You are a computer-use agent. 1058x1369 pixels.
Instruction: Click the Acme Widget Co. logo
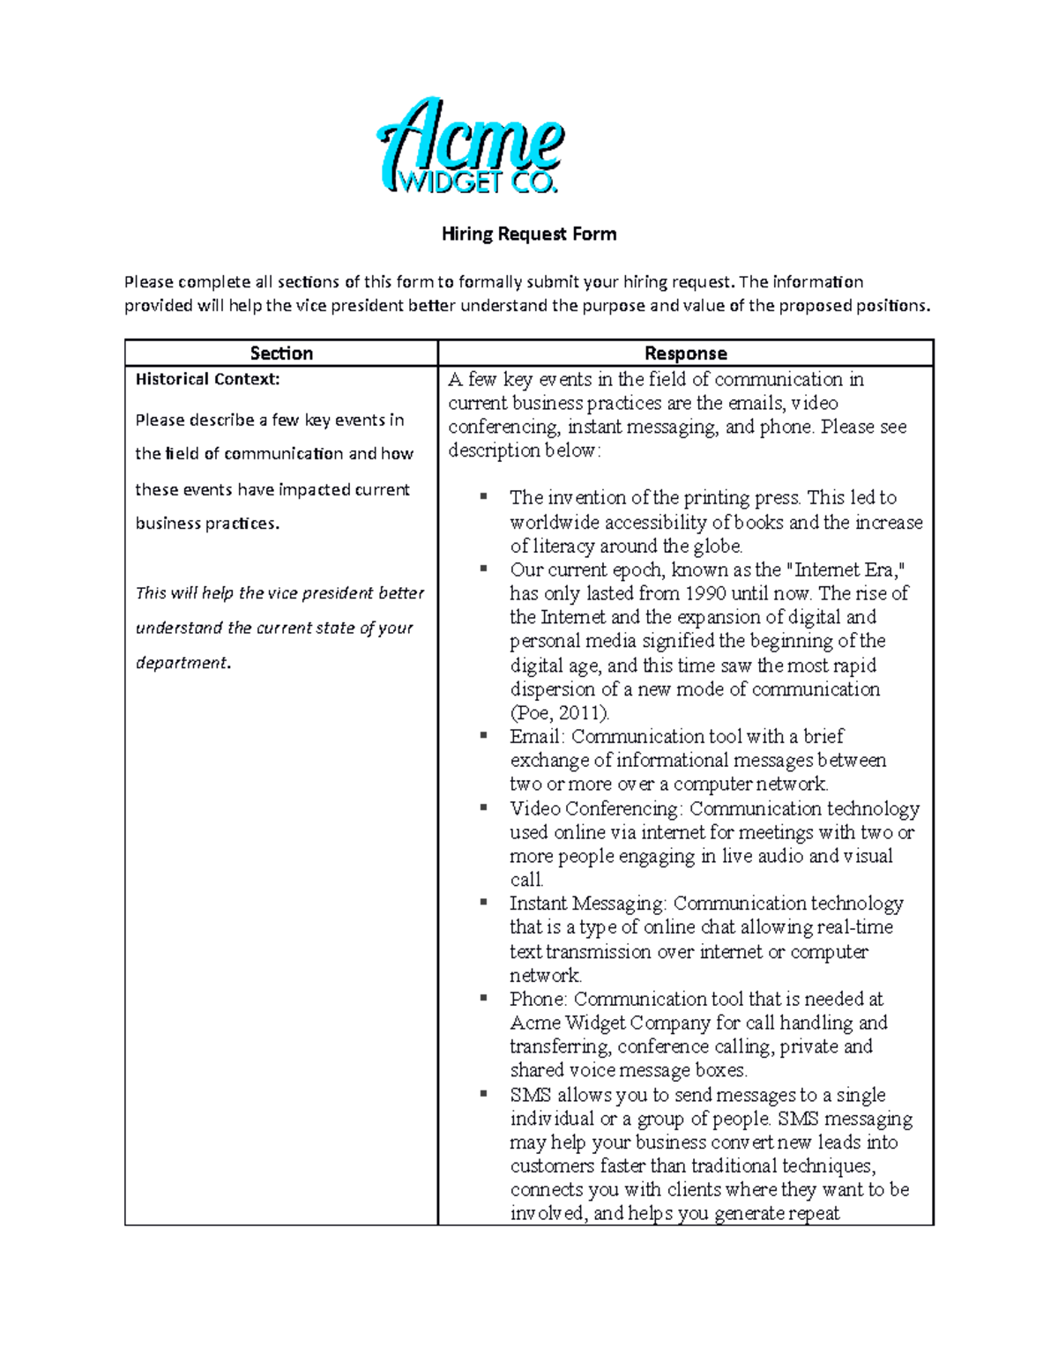pyautogui.click(x=471, y=146)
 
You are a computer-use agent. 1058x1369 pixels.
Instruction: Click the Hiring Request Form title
pyautogui.click(x=528, y=234)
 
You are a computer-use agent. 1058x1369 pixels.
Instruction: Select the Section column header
pyautogui.click(x=281, y=353)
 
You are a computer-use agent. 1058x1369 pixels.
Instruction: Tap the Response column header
pyautogui.click(x=685, y=353)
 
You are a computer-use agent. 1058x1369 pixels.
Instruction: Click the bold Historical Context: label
pyautogui.click(x=207, y=380)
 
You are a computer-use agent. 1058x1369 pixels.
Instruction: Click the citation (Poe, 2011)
pyautogui.click(x=559, y=712)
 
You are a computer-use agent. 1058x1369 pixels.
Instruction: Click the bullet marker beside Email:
pyautogui.click(x=483, y=734)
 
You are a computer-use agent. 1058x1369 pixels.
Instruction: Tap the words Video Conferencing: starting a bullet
pyautogui.click(x=596, y=808)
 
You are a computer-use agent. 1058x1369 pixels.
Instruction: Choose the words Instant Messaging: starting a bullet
pyautogui.click(x=588, y=904)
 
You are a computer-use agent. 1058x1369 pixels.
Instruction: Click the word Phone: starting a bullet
pyautogui.click(x=539, y=999)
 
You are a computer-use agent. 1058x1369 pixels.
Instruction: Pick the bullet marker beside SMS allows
pyautogui.click(x=483, y=1093)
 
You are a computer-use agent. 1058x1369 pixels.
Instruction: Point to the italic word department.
pyautogui.click(x=183, y=663)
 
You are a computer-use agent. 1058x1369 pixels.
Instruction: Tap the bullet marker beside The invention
pyautogui.click(x=483, y=496)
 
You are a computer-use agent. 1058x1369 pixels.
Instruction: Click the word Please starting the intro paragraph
pyautogui.click(x=149, y=282)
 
